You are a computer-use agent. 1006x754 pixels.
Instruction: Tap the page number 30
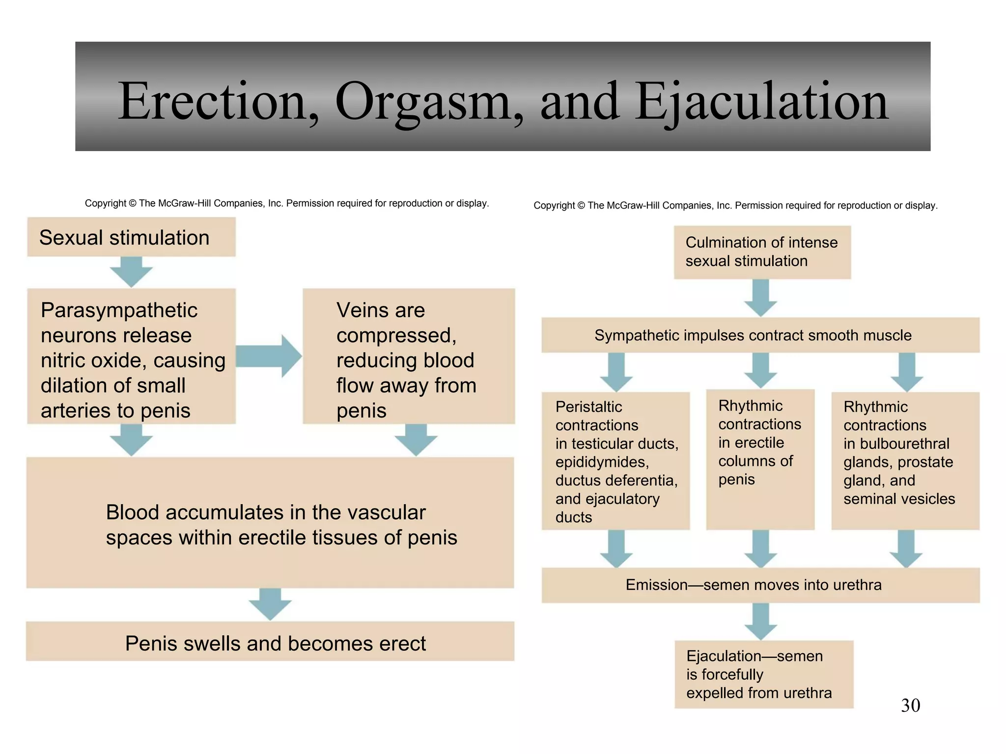tap(910, 705)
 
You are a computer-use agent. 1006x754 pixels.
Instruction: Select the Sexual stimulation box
tap(131, 237)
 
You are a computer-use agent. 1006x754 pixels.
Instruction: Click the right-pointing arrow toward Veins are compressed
tap(269, 356)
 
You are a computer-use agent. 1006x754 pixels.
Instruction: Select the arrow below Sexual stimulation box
tap(131, 271)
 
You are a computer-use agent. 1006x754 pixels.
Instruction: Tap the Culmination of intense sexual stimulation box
tap(762, 252)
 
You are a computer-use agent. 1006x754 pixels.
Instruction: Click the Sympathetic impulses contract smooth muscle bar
tap(760, 335)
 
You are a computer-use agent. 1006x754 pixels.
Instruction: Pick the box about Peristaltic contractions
tap(615, 461)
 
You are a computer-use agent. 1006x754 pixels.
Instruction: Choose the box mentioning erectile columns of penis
tap(760, 459)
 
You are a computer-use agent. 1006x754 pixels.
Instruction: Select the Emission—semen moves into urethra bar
tap(760, 585)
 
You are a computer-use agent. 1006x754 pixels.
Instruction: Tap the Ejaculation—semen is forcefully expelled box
tap(763, 674)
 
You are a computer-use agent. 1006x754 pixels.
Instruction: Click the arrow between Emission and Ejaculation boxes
tap(760, 621)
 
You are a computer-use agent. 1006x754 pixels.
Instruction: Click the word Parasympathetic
tap(119, 310)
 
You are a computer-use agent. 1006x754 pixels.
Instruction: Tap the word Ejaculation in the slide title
tap(762, 102)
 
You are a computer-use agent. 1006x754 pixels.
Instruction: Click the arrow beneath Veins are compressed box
tap(416, 440)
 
